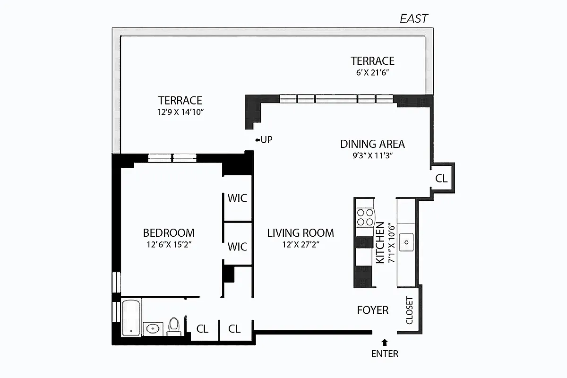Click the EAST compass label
[413, 18]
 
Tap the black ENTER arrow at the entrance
[385, 342]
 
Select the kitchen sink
[406, 242]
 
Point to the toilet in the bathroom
[174, 326]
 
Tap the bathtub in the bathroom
[130, 318]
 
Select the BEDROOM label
[169, 233]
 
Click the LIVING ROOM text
[301, 233]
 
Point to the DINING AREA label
[372, 144]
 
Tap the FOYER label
[372, 310]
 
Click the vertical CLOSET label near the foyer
[409, 310]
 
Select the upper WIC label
[237, 198]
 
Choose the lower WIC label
[237, 247]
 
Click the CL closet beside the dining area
[441, 179]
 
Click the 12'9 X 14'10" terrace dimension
[180, 112]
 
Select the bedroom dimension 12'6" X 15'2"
[169, 245]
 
